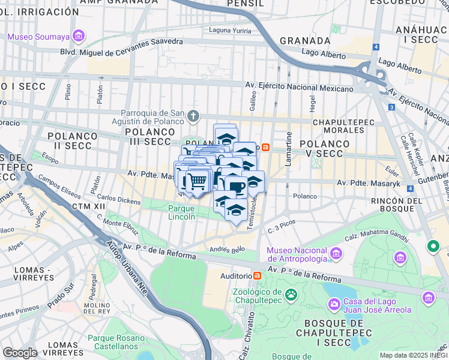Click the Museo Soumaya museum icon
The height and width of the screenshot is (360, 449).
click(77, 37)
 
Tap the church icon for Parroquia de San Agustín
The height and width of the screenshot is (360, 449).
click(193, 115)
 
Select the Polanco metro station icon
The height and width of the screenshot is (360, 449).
click(265, 146)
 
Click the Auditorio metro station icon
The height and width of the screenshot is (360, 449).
click(258, 275)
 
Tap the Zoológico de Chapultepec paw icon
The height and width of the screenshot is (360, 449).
click(291, 294)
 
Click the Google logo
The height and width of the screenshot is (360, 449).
click(20, 353)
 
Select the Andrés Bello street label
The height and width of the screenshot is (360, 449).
click(226, 249)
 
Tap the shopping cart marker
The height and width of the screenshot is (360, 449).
click(197, 180)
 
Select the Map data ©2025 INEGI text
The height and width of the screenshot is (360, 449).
click(414, 355)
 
